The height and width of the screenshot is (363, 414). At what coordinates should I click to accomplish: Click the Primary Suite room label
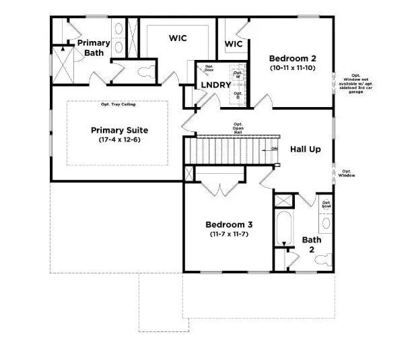click(119, 130)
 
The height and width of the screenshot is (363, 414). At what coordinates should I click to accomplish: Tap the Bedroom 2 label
click(292, 58)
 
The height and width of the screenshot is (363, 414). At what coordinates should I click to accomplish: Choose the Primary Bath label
click(93, 48)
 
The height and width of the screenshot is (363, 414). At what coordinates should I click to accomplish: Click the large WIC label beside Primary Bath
click(177, 39)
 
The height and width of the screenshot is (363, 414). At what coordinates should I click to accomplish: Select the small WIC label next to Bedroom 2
click(234, 44)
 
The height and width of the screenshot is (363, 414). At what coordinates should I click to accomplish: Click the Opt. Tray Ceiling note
click(118, 104)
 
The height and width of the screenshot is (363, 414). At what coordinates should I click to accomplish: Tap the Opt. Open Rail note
click(238, 129)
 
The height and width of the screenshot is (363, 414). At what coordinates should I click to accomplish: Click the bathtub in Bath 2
click(283, 232)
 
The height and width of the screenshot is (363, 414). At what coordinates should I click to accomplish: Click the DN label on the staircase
click(274, 148)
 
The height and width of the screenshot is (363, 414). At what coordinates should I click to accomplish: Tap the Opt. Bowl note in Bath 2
click(326, 203)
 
